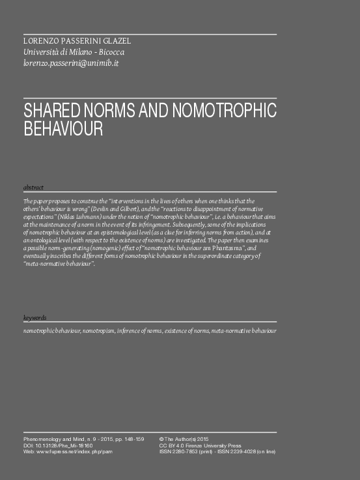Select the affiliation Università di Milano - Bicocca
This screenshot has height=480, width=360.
click(74, 52)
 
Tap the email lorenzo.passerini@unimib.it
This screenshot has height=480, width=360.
click(71, 63)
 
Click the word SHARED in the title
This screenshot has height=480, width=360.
click(52, 111)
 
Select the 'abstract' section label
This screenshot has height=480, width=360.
click(33, 188)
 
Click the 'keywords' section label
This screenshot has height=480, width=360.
click(35, 318)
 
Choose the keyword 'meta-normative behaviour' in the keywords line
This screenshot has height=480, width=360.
click(243, 332)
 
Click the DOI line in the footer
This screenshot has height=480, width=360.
click(58, 445)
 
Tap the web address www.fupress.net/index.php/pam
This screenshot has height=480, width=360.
click(72, 451)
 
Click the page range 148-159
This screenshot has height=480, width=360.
click(131, 440)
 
